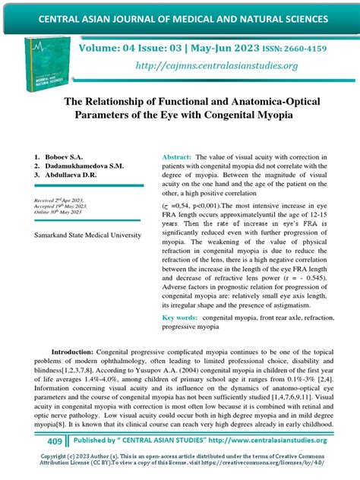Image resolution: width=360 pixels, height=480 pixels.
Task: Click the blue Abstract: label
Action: coord(176,156)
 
